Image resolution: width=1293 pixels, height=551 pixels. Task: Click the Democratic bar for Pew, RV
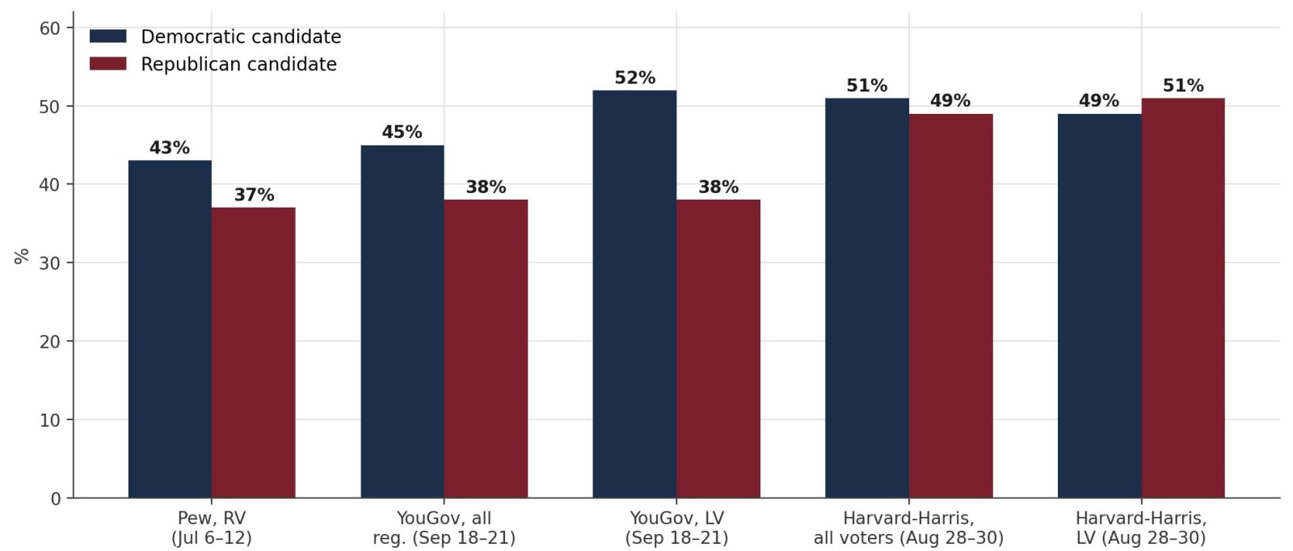pyautogui.click(x=170, y=329)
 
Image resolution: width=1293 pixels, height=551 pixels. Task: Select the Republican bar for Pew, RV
pyautogui.click(x=254, y=352)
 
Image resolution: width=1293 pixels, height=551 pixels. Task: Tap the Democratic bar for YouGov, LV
pyautogui.click(x=634, y=293)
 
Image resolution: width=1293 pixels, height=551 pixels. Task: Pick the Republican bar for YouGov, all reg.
pyautogui.click(x=486, y=348)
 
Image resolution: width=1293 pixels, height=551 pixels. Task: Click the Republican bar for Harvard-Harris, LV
pyautogui.click(x=1183, y=297)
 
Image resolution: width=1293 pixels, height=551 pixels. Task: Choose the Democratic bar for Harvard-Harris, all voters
pyautogui.click(x=867, y=297)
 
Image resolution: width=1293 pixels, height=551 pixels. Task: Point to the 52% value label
pyautogui.click(x=635, y=78)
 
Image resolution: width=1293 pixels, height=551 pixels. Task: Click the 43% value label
pyautogui.click(x=170, y=149)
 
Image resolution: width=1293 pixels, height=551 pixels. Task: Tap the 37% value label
pyautogui.click(x=254, y=195)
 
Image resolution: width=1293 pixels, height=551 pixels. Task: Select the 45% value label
pyautogui.click(x=402, y=132)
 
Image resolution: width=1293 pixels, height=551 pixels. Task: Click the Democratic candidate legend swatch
pyautogui.click(x=108, y=36)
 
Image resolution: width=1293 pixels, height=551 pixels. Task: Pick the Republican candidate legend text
pyautogui.click(x=239, y=64)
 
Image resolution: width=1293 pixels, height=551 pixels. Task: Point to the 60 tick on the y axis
pyautogui.click(x=49, y=27)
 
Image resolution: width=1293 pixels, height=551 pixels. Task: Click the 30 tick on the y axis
pyautogui.click(x=49, y=263)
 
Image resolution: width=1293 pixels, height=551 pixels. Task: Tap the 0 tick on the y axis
pyautogui.click(x=56, y=498)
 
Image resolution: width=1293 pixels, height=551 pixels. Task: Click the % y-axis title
pyautogui.click(x=21, y=256)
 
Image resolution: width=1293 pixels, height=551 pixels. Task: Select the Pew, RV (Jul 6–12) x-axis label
pyautogui.click(x=212, y=528)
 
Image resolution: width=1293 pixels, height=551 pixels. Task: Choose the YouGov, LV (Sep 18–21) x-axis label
pyautogui.click(x=676, y=528)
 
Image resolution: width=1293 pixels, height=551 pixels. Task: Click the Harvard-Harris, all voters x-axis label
pyautogui.click(x=909, y=528)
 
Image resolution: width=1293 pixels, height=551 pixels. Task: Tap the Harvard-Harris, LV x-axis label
pyautogui.click(x=1141, y=528)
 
